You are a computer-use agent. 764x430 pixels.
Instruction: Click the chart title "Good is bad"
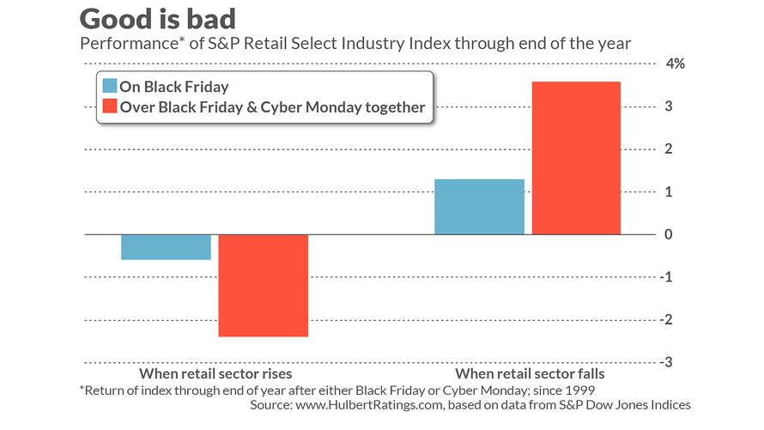click(160, 19)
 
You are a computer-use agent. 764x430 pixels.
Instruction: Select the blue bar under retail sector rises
click(166, 247)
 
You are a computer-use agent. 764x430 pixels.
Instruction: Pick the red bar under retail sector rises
click(264, 285)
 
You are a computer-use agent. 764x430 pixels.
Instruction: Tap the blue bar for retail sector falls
click(479, 207)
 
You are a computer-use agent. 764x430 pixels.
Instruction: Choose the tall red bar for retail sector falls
click(576, 158)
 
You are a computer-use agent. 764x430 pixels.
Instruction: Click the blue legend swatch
click(109, 87)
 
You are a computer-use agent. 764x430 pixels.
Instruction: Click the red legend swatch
click(109, 107)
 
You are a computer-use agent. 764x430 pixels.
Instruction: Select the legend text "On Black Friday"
click(174, 87)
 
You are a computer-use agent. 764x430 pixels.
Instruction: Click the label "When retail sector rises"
click(215, 374)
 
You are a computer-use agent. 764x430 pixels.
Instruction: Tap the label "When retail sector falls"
click(530, 374)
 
